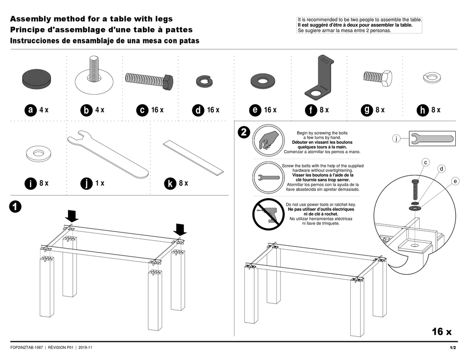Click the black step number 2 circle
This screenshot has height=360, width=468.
(243, 132)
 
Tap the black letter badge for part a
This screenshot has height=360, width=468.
(30, 110)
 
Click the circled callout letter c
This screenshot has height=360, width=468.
(426, 162)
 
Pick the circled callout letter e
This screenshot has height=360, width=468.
(455, 181)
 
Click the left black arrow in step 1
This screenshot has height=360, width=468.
(72, 215)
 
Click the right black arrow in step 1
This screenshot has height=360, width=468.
(179, 229)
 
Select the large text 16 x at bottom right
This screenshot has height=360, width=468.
(441, 331)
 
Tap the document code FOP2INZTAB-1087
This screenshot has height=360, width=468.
(28, 348)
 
